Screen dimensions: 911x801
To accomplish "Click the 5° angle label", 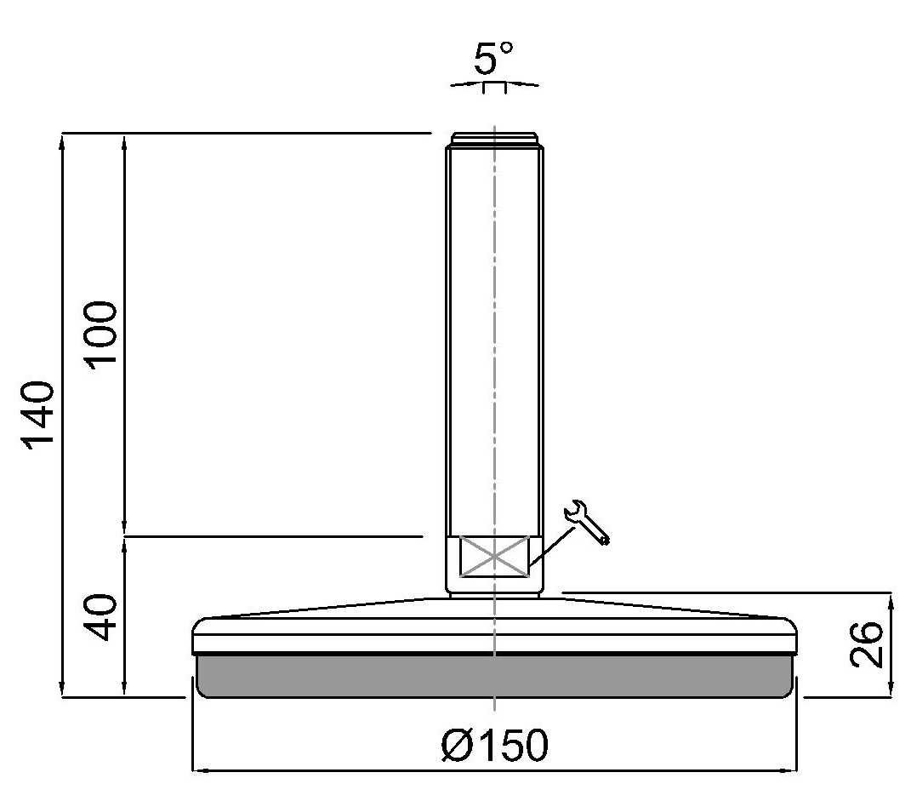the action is coord(493,58).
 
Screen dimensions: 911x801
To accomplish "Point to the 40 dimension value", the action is coord(100,617).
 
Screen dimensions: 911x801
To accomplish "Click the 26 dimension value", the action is coord(866,644).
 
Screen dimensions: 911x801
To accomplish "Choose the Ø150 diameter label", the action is coord(494,745).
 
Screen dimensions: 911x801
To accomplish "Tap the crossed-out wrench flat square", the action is coord(494,557).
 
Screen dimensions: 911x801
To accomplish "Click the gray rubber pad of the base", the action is coord(494,676).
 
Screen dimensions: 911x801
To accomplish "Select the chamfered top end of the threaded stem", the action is coord(494,139).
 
